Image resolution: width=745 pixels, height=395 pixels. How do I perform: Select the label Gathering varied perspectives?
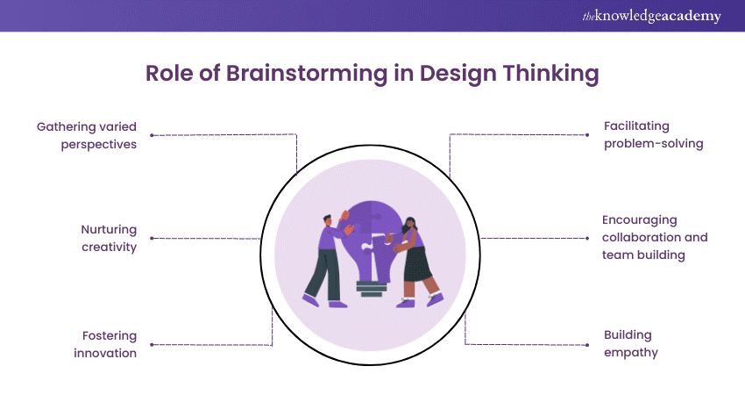click(87, 135)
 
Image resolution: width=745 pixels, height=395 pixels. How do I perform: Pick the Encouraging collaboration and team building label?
click(655, 238)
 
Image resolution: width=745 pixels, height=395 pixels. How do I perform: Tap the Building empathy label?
click(630, 343)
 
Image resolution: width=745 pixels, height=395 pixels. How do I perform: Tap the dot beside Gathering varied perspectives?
click(152, 135)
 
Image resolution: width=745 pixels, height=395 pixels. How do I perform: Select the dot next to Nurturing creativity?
click(152, 238)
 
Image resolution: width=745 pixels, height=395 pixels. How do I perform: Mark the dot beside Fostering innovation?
click(152, 344)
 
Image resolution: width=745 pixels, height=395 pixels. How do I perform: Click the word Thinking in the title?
click(549, 75)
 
